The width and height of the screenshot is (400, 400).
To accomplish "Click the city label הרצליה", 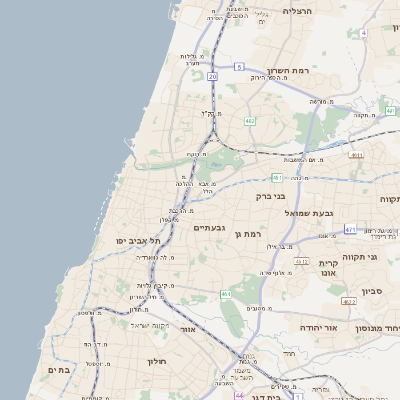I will click(x=298, y=11).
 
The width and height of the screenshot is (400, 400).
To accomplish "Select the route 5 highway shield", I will click(x=239, y=66).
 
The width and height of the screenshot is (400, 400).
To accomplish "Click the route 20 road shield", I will click(x=212, y=76).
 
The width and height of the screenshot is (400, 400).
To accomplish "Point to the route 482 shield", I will click(x=248, y=120).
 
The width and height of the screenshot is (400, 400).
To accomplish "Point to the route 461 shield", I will click(x=226, y=294).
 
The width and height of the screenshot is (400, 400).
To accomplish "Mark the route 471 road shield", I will click(x=350, y=229).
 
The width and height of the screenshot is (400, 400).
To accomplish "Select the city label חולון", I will click(x=157, y=361).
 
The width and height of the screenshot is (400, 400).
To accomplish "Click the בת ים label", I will click(x=58, y=369).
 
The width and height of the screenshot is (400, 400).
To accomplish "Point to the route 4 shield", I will click(x=364, y=33).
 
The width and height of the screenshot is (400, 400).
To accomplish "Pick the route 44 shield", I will click(x=239, y=395).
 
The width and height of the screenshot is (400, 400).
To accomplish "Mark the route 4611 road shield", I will click(x=357, y=155).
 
